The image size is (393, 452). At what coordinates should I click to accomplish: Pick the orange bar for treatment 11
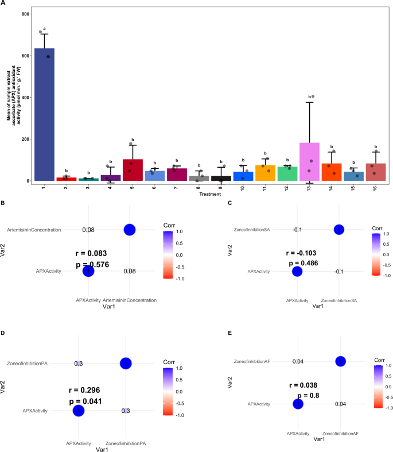tap(266, 173)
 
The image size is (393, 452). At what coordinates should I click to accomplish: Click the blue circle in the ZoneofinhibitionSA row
tap(338, 230)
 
